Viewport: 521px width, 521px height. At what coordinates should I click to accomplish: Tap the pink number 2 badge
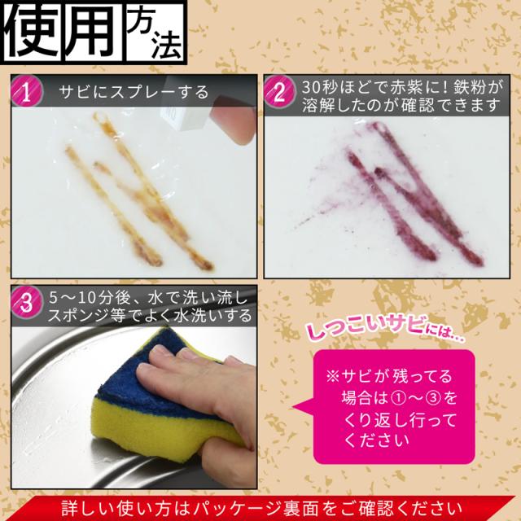pyautogui.click(x=280, y=94)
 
